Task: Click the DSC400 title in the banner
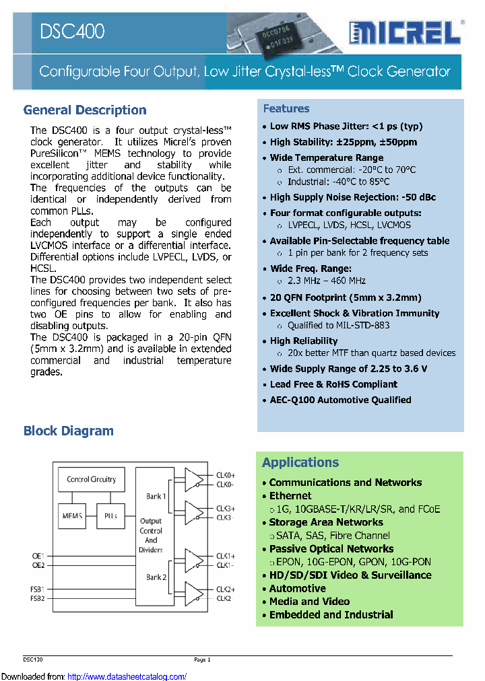pos(72,31)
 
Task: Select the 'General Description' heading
pos(85,110)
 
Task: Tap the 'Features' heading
pos(286,109)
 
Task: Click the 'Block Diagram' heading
pos(69,431)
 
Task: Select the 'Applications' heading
pos(300,462)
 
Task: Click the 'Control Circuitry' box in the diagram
pos(92,480)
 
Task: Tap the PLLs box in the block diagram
pos(110,515)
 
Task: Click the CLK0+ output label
pos(226,475)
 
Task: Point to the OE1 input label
pos(38,556)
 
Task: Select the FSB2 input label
pos(38,598)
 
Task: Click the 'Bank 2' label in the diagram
pos(156,577)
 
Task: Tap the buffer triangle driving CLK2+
pos(193,593)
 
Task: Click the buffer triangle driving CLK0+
pos(193,479)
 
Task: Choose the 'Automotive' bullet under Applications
pos(297,588)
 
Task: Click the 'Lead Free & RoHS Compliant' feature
pos(333,384)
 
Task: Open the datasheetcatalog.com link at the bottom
pos(127,676)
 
